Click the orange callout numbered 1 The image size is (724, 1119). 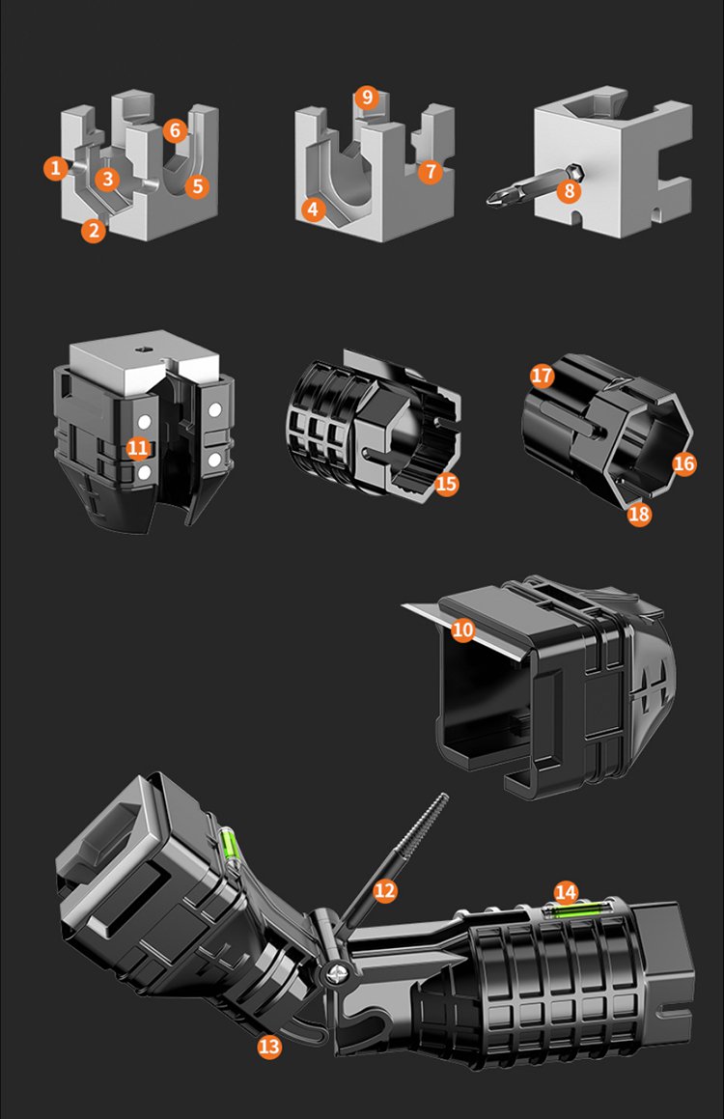pos(56,168)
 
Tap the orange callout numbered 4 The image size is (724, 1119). pos(313,210)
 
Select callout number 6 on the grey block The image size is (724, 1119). pos(175,130)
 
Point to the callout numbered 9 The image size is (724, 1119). pos(367,98)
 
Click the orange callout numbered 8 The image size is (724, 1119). pos(569,190)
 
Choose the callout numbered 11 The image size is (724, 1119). pos(138,448)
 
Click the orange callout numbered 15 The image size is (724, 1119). pos(446,484)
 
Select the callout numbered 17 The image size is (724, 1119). pos(543,376)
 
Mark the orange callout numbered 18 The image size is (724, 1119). pos(639,514)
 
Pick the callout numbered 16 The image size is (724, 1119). pos(683,463)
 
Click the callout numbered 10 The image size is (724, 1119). pos(463,629)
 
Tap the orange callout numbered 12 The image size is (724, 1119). pos(384,890)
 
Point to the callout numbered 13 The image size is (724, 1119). pos(269,1047)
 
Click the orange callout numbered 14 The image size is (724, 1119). pos(566,892)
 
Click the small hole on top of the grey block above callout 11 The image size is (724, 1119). pos(144,350)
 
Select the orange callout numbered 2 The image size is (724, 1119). pos(93,230)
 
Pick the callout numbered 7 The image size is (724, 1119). pos(431,171)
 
